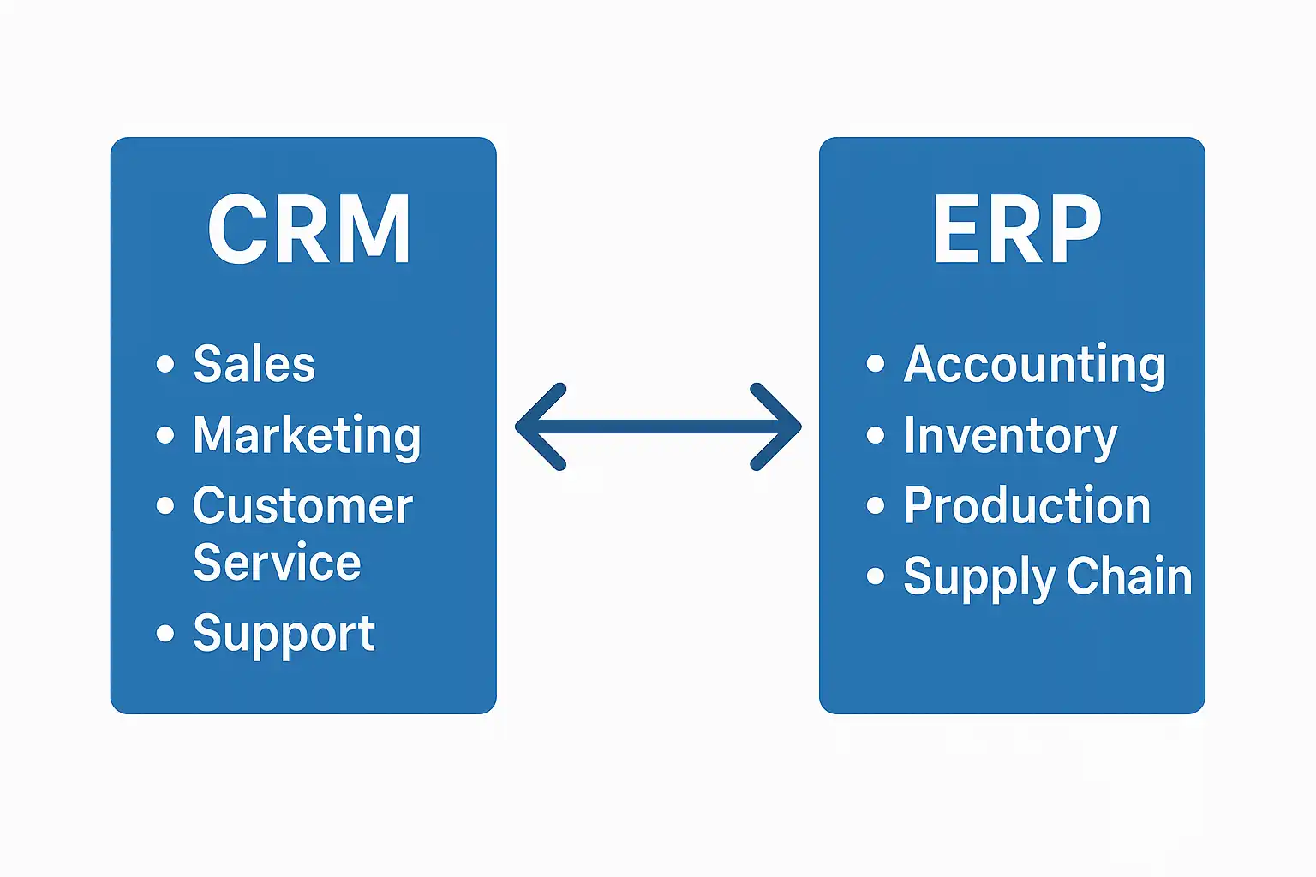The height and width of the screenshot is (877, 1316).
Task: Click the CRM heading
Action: [308, 229]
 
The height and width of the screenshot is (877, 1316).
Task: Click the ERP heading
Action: [1016, 229]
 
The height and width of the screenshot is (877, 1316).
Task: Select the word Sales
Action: [254, 364]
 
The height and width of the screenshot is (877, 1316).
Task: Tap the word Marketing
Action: [307, 436]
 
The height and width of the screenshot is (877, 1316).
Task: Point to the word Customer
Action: [302, 506]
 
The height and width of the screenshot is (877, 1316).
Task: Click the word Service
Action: [277, 563]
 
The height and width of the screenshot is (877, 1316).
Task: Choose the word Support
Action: [284, 635]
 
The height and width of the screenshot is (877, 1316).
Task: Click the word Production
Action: [1026, 506]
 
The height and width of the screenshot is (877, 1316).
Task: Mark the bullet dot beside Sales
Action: [165, 364]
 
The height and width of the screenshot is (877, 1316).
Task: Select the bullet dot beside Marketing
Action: [165, 435]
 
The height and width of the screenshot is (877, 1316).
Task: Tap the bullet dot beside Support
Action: [165, 634]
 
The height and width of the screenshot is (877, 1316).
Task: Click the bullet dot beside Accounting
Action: [875, 364]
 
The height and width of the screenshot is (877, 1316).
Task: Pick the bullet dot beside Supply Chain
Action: [875, 576]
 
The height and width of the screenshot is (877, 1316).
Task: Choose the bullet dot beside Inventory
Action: [875, 435]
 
